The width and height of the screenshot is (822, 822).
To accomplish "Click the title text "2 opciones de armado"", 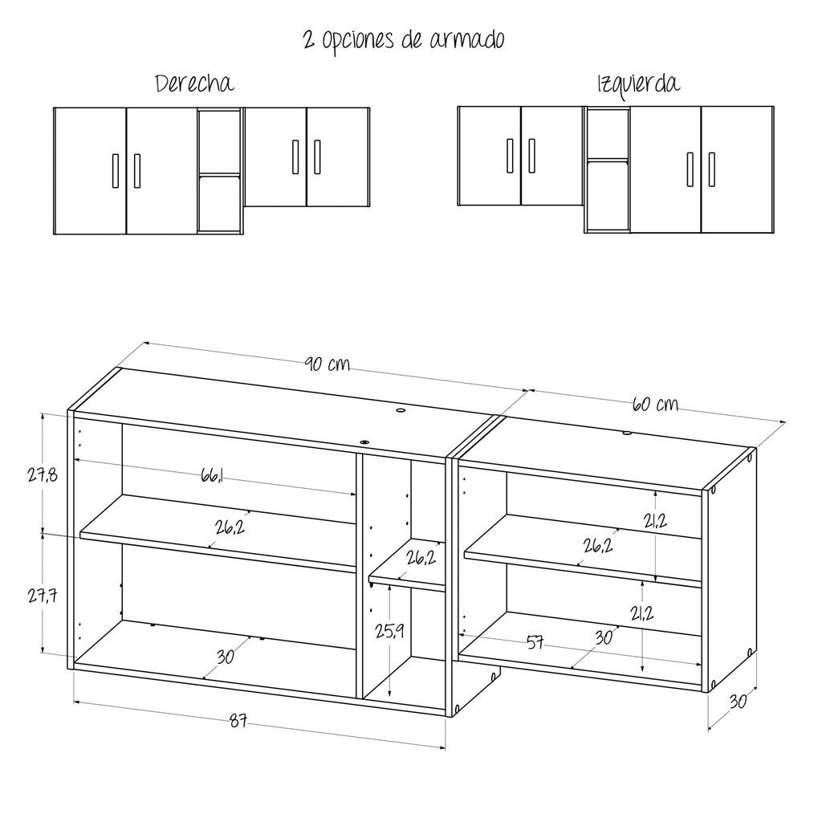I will [x=404, y=39].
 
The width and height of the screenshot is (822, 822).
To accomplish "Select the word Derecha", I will [x=194, y=83].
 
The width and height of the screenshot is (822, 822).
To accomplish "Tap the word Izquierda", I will [x=638, y=83].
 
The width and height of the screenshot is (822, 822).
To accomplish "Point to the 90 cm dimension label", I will [x=327, y=364].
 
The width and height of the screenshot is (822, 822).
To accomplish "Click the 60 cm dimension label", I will [x=654, y=403].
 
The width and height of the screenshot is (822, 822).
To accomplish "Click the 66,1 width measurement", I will [x=212, y=477].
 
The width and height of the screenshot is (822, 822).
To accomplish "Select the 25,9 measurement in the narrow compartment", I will [x=389, y=631].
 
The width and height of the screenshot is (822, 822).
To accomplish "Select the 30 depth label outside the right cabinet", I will [x=738, y=701].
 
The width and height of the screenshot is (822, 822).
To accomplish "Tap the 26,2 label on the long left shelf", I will [x=230, y=527].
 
